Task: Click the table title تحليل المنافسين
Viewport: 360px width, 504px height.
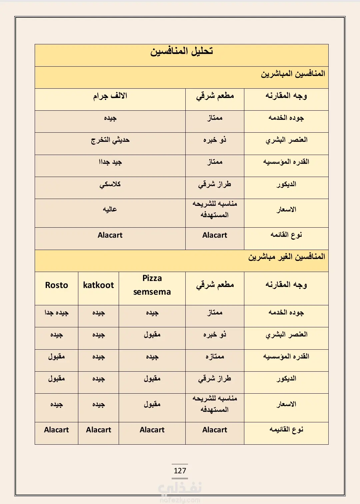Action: tap(181, 52)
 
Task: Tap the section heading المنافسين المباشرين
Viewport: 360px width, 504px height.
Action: tap(293, 74)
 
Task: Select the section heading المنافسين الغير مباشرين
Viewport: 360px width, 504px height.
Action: tap(286, 257)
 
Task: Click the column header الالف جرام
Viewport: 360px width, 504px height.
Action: tap(110, 96)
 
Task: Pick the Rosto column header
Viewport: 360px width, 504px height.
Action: tap(56, 285)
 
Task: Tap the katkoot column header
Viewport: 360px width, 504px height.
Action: tap(98, 285)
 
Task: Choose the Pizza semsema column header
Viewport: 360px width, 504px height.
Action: tap(152, 285)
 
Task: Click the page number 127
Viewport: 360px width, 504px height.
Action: tap(180, 471)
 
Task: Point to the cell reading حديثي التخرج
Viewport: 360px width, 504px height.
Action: tap(110, 140)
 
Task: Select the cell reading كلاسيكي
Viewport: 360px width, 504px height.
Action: tap(110, 184)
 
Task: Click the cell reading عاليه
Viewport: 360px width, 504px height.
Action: tap(110, 209)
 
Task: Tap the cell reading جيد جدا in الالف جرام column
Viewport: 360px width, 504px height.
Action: tap(110, 162)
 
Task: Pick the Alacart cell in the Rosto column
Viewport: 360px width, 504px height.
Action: tap(56, 430)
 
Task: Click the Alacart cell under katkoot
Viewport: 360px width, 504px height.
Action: tap(98, 430)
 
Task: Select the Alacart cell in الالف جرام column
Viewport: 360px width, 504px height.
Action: tap(110, 235)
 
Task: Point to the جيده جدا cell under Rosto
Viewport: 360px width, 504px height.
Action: tap(56, 313)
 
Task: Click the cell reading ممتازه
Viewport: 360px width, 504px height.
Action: tap(215, 357)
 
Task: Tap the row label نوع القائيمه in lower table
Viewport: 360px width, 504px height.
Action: tap(286, 430)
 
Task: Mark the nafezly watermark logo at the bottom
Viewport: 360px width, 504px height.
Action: tap(180, 490)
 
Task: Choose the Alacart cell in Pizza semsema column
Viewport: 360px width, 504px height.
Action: tap(152, 430)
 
